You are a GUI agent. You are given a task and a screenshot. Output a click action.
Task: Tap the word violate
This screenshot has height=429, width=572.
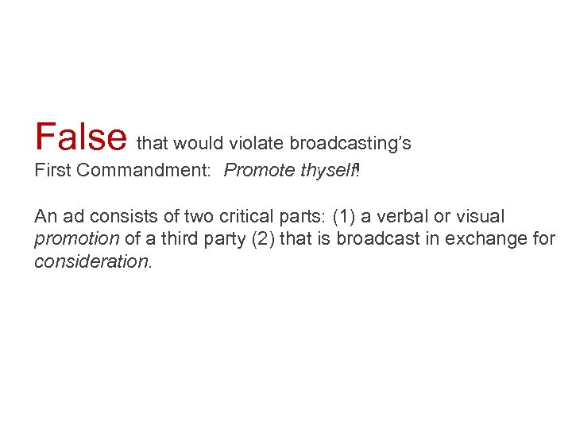point(257,144)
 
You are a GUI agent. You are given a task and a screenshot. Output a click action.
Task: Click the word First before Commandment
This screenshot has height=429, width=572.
point(50,171)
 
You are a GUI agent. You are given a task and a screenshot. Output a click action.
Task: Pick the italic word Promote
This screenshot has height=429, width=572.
point(255,171)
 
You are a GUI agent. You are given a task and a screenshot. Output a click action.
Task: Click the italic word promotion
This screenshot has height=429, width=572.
point(77,239)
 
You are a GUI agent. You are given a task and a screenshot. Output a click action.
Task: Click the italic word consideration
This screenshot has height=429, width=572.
point(91,261)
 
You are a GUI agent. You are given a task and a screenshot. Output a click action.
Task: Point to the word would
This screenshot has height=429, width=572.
point(199,144)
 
